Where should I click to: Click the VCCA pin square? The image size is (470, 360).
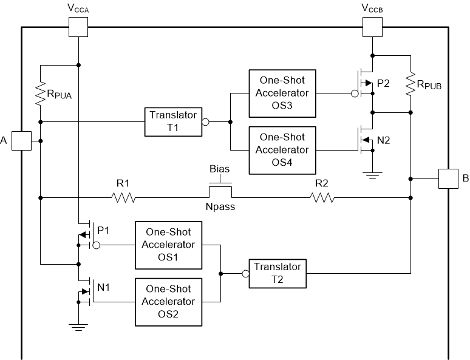(78, 27)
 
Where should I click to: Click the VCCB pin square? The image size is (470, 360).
(372, 27)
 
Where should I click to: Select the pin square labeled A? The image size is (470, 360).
(22, 141)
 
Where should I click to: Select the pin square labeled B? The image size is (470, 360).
(448, 179)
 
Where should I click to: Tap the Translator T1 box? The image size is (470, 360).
(172, 121)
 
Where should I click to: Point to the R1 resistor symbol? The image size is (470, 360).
(123, 197)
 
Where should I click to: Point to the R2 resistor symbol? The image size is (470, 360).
(322, 197)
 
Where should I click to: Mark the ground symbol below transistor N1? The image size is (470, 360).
(78, 328)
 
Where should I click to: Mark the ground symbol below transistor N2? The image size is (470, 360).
(372, 175)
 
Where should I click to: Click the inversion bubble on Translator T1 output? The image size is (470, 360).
(205, 121)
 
